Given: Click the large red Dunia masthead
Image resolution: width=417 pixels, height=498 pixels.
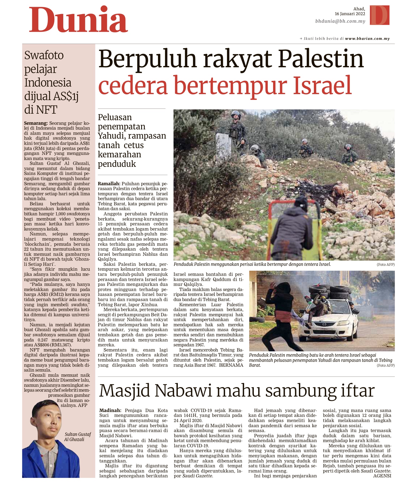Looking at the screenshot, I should [x=78, y=20].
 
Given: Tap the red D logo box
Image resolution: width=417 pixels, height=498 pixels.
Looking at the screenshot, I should [x=380, y=15].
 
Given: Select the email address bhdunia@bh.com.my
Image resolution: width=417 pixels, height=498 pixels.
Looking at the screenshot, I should [x=340, y=21].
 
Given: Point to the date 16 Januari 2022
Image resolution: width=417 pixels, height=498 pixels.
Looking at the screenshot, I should [x=350, y=14].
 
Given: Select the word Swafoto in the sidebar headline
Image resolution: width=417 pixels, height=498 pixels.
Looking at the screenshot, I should [x=44, y=55].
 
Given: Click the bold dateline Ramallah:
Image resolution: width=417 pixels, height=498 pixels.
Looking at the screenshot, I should [x=109, y=184].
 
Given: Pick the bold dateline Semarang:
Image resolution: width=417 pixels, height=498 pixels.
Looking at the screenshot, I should [x=36, y=123].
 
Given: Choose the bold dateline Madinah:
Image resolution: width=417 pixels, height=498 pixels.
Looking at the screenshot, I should [x=110, y=410].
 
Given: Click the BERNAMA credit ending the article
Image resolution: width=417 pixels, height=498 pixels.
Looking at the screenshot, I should [x=231, y=365].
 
